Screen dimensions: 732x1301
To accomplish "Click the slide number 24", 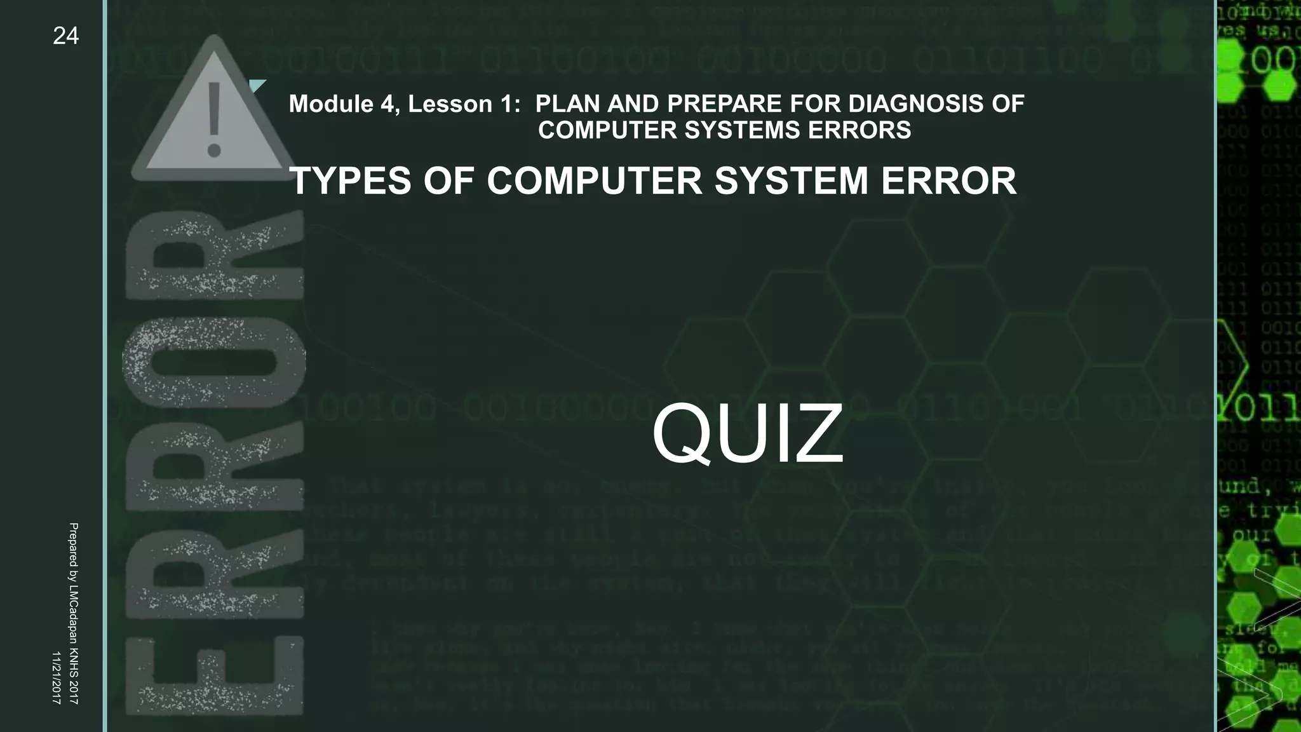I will [x=65, y=36].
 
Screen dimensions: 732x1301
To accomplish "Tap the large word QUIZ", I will [x=748, y=435].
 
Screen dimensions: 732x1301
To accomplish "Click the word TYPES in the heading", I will [x=350, y=181].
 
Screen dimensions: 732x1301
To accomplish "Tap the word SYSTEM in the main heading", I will [x=791, y=181].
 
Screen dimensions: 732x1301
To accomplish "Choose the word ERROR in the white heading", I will [x=948, y=181].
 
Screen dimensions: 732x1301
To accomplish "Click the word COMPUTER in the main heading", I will [x=595, y=181].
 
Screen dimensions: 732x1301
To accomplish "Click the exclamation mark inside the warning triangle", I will [x=214, y=120].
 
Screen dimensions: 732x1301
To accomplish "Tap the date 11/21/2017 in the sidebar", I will [x=56, y=677].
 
